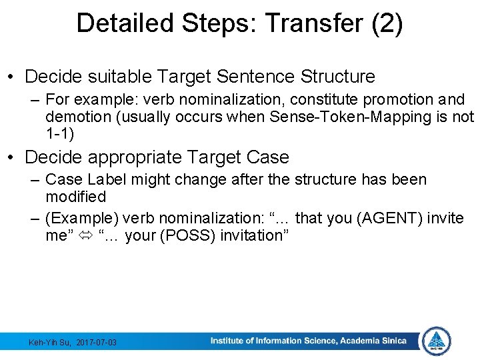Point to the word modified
(75, 197)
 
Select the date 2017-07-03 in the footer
(97, 342)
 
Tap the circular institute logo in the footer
(437, 341)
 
